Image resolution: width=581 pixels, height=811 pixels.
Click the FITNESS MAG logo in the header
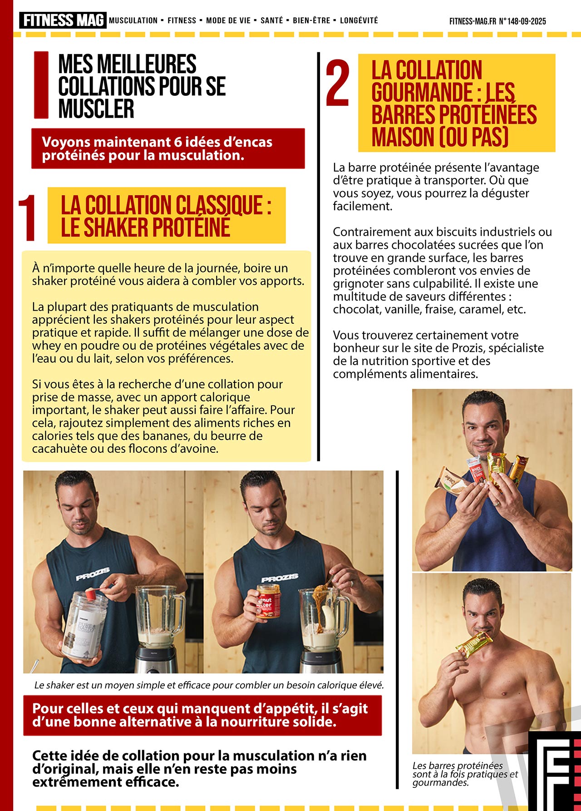click(63, 20)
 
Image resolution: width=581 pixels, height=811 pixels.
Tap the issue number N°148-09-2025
click(522, 21)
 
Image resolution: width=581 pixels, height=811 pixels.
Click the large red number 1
click(27, 218)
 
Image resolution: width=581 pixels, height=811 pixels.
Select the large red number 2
click(338, 83)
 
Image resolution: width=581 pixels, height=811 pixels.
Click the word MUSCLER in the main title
click(96, 109)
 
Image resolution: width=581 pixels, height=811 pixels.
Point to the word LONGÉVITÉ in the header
click(359, 20)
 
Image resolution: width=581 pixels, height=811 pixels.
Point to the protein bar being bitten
click(474, 644)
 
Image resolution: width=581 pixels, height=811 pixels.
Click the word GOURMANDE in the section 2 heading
click(422, 92)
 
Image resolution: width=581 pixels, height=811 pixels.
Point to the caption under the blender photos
click(209, 685)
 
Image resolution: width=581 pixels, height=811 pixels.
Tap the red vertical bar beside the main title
click(41, 85)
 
